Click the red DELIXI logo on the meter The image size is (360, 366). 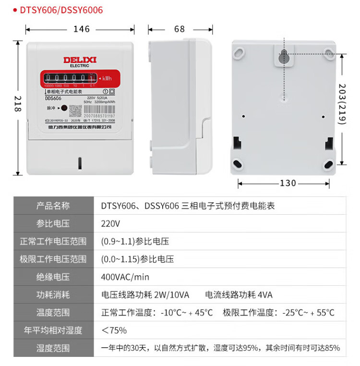point(80,60)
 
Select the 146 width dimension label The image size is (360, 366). point(82,29)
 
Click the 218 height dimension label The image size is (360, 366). point(18,106)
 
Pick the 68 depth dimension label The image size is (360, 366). point(179,29)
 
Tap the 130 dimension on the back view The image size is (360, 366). point(288,183)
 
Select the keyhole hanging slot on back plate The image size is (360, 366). point(284,56)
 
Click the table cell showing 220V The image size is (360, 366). point(110,224)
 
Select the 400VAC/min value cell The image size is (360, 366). point(125,277)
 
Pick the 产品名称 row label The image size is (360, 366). point(53,206)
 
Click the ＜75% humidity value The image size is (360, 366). point(114,330)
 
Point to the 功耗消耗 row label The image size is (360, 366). point(53,295)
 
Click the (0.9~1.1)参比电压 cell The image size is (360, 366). point(135,242)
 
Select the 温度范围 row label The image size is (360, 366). point(53,313)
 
